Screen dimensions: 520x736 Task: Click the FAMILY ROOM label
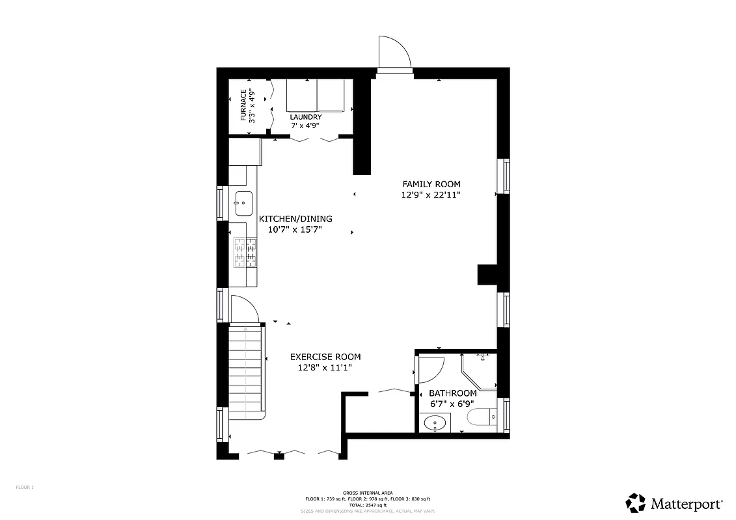431,184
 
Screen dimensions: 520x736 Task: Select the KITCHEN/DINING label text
295,219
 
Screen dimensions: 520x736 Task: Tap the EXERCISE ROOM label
325,357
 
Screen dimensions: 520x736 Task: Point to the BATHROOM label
453,393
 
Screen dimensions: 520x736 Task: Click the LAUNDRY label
306,117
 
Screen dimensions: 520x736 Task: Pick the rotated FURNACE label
243,105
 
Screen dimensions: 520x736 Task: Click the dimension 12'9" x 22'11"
431,194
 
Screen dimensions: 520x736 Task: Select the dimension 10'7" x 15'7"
295,229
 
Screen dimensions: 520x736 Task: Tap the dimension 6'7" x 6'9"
453,404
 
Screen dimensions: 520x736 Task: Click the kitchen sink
243,203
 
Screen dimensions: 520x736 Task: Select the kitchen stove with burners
245,253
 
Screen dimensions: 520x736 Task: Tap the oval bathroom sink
434,424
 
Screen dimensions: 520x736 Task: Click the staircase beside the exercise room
245,370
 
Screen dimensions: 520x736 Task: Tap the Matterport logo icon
636,502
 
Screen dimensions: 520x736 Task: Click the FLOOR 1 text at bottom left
25,487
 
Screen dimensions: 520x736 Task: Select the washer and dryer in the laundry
316,96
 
